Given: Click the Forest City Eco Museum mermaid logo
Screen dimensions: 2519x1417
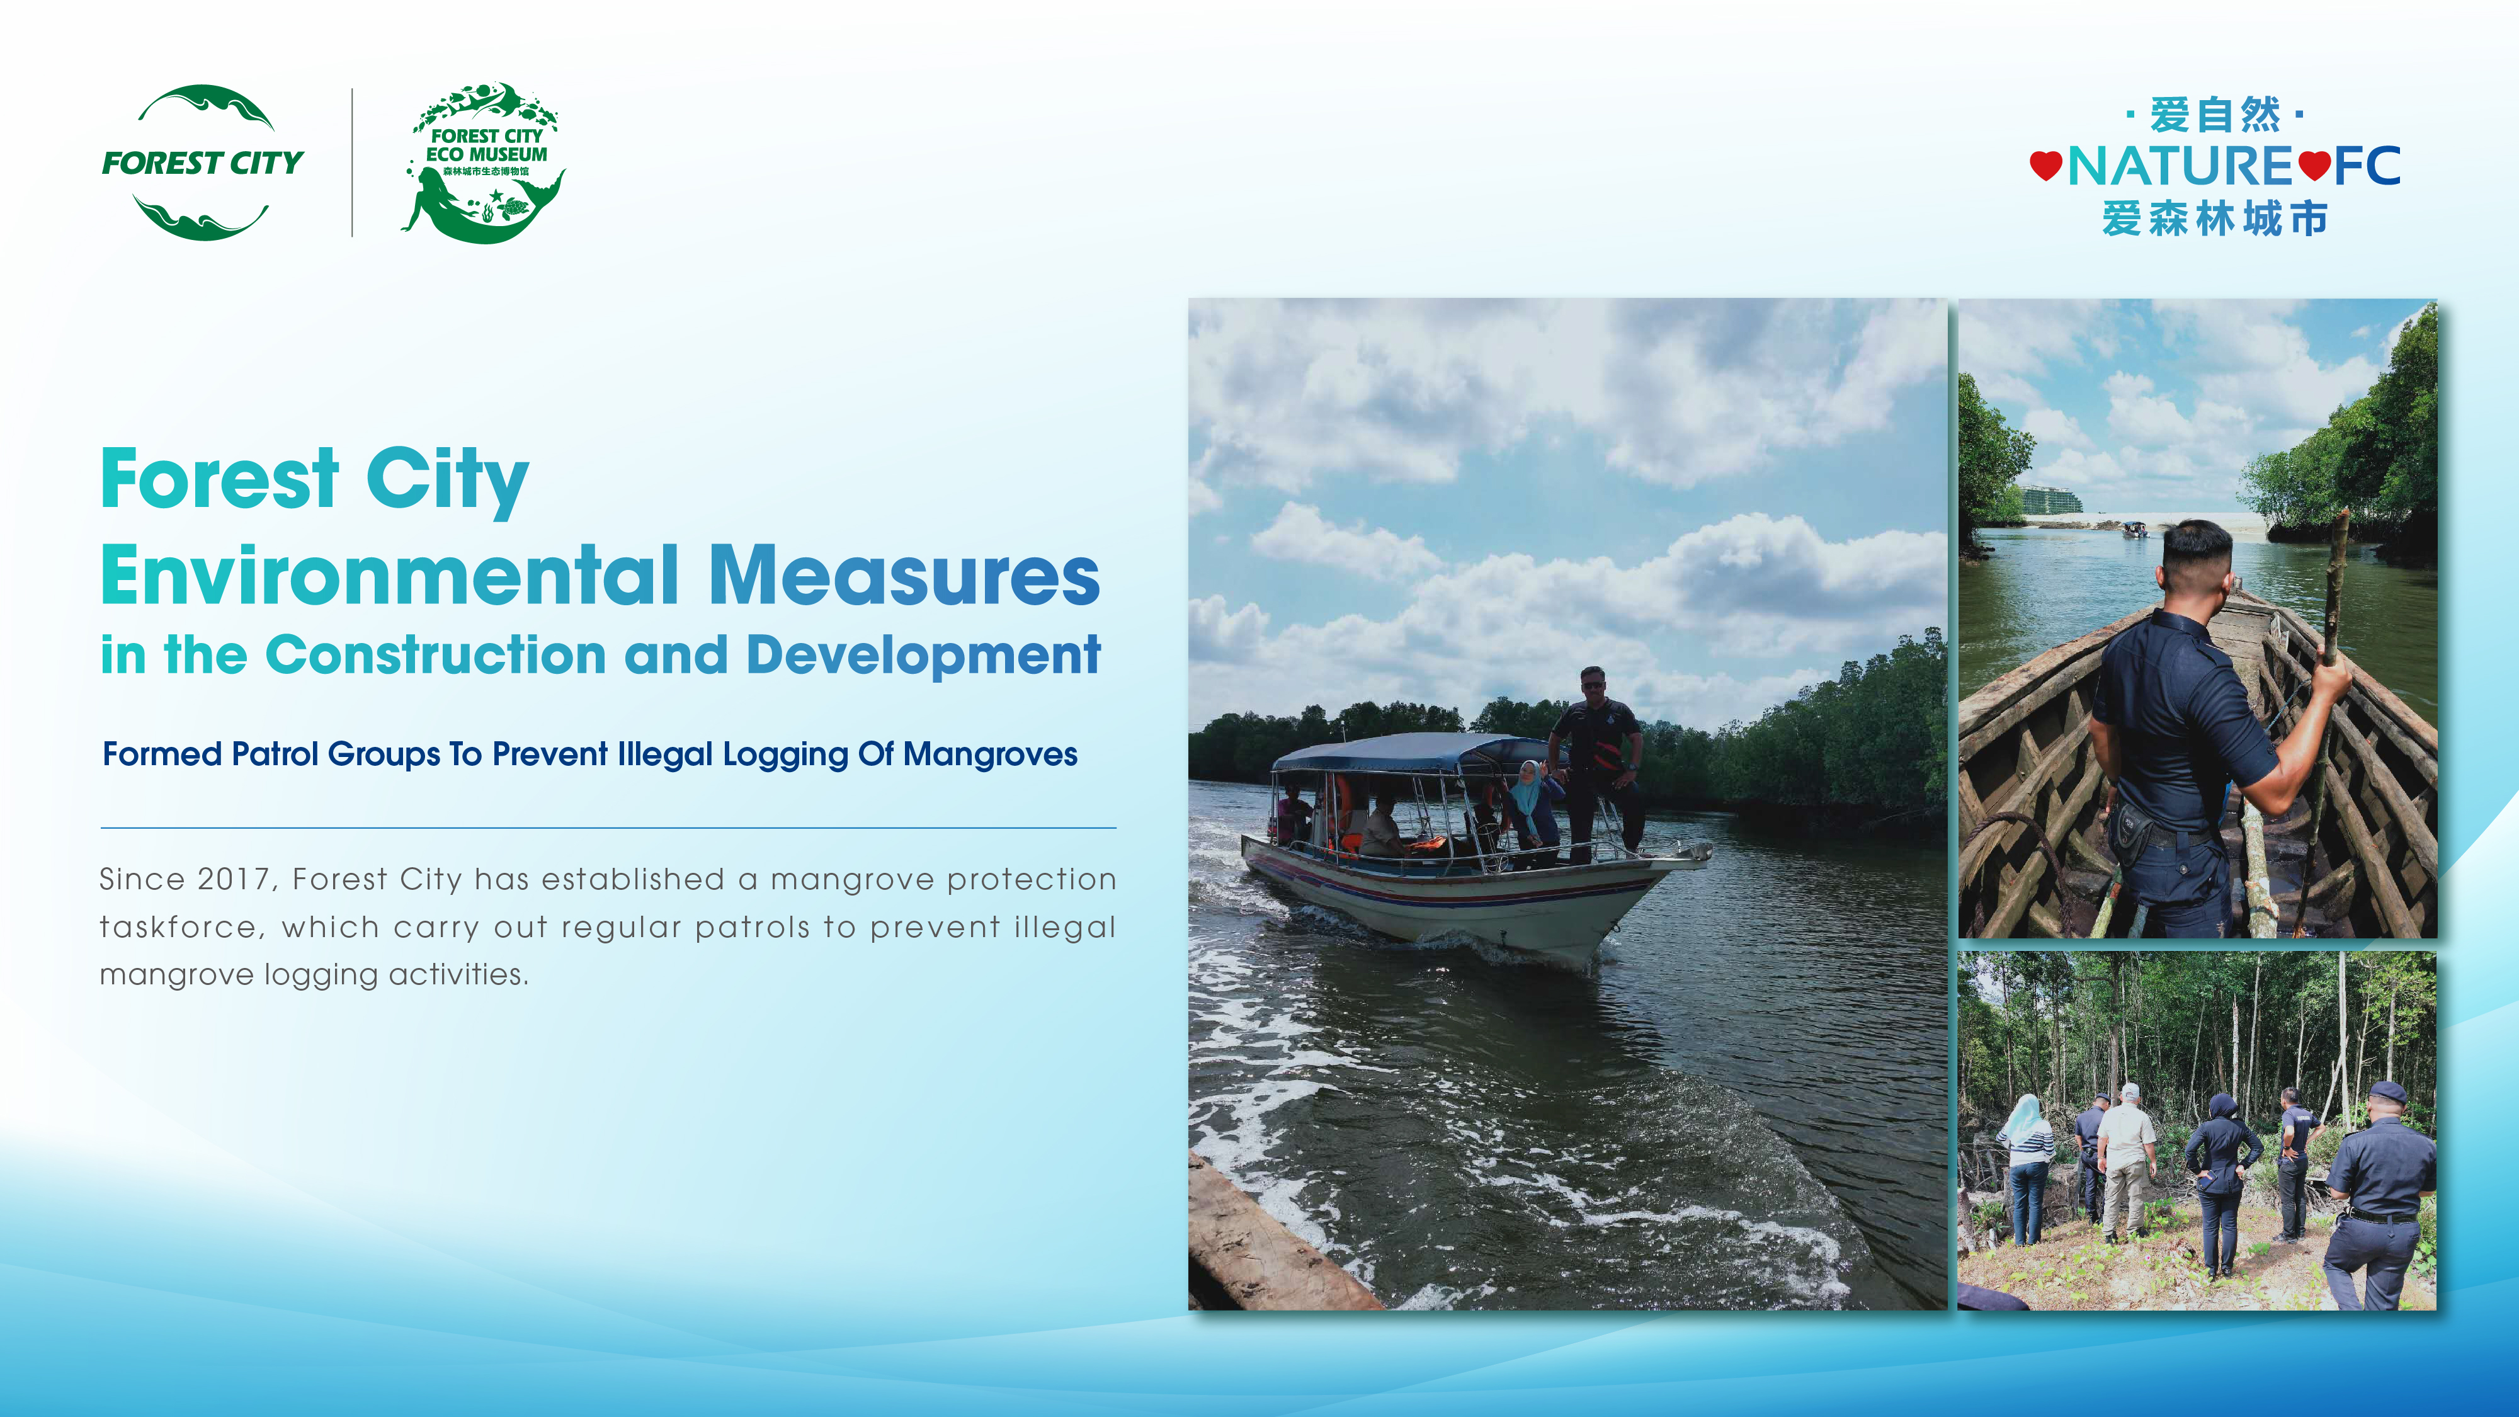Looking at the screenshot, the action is [x=485, y=162].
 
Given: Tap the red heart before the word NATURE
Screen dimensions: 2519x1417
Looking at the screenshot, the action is [x=2045, y=165].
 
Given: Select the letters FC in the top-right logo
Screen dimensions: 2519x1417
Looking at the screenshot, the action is [x=2367, y=165].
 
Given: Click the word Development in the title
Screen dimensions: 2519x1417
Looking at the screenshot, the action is [x=923, y=655].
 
